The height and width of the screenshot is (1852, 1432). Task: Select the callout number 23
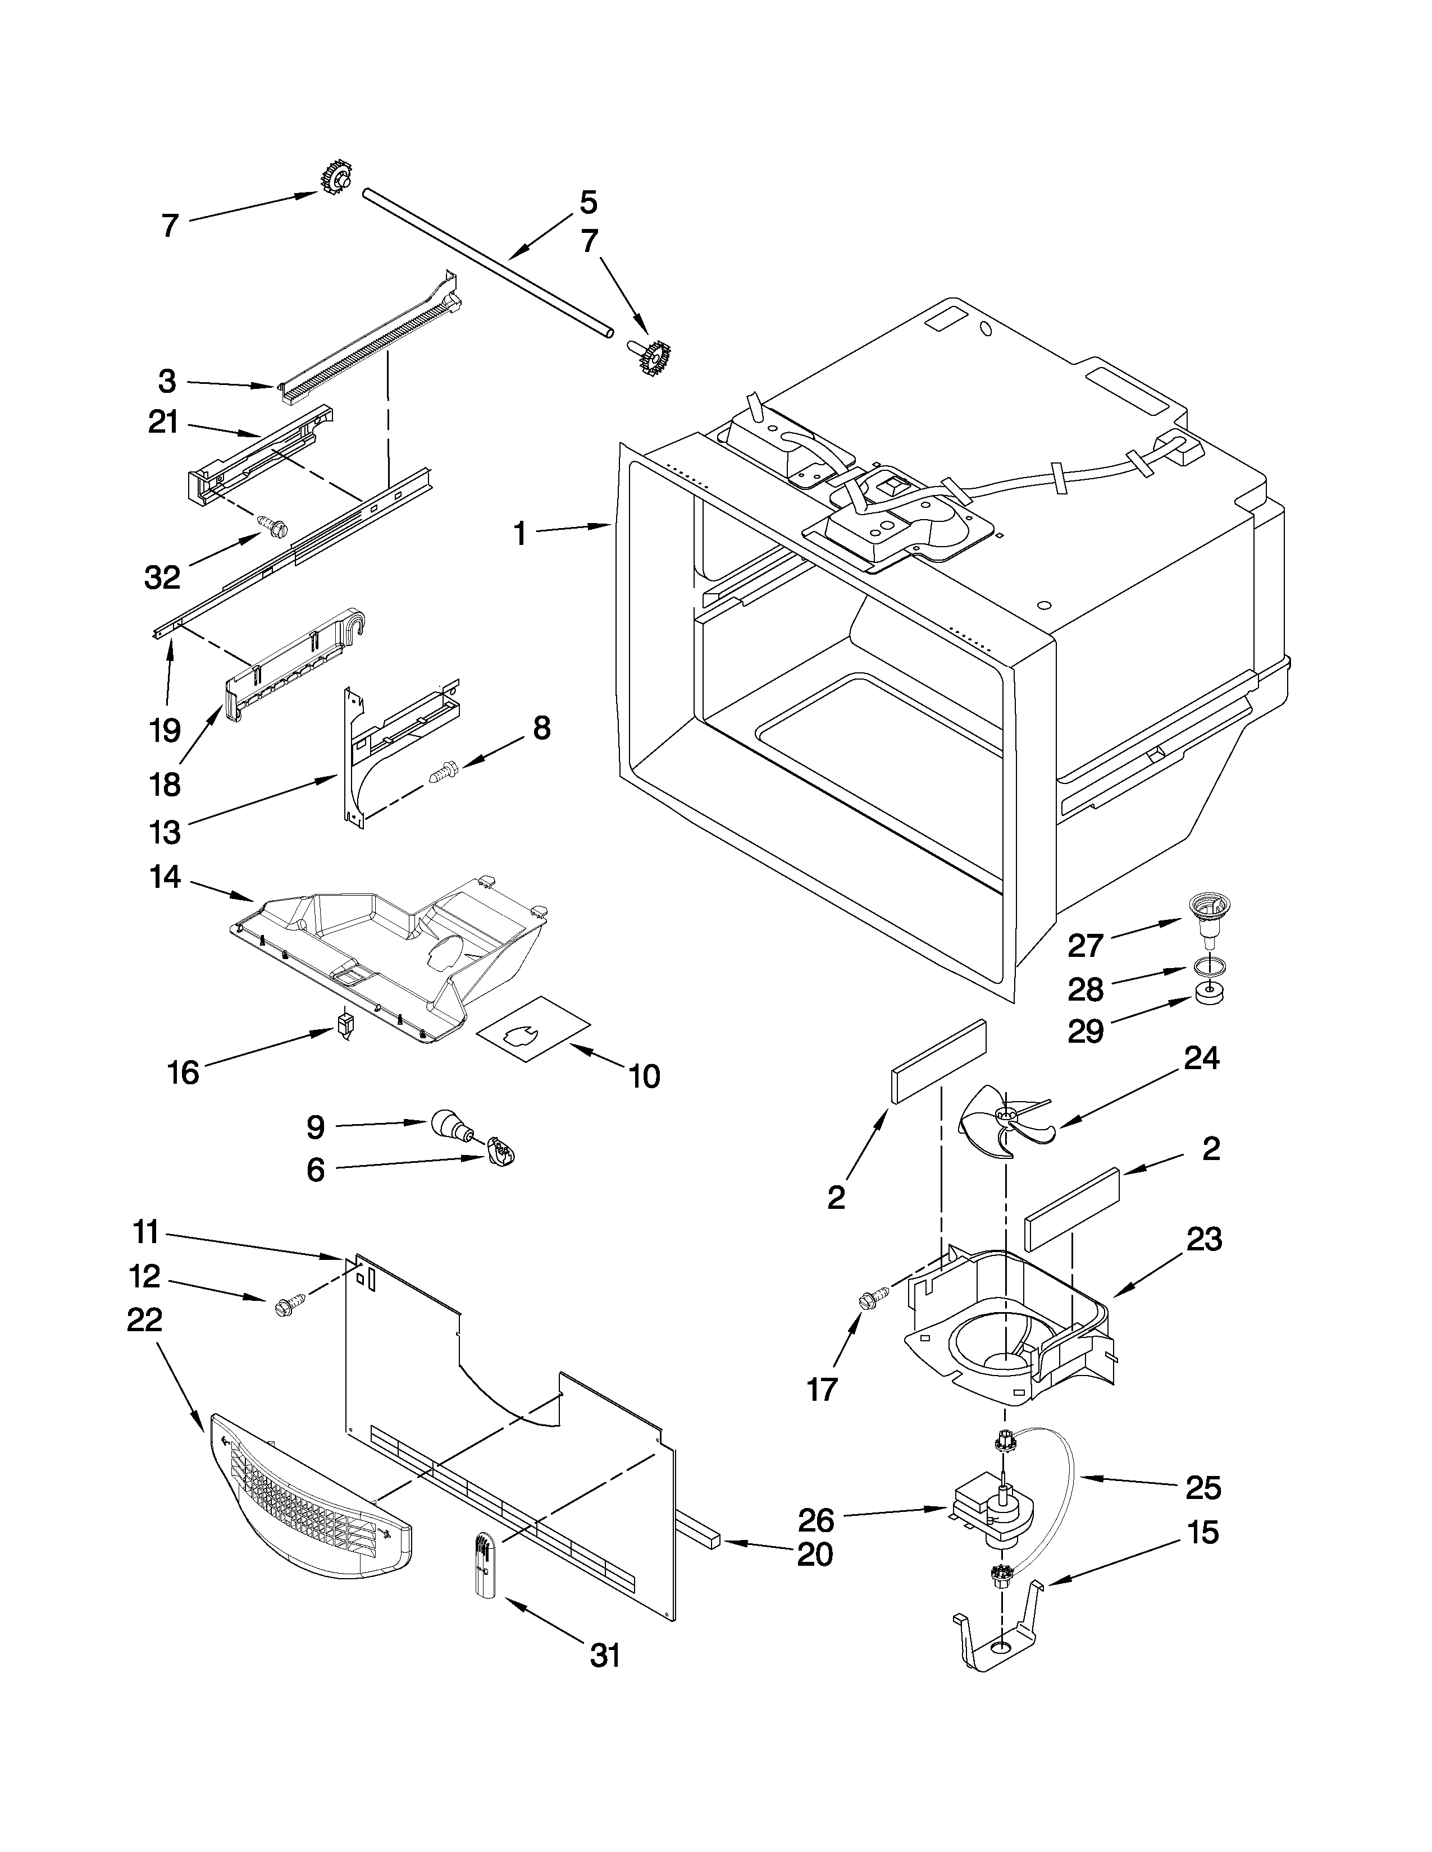(x=1204, y=1240)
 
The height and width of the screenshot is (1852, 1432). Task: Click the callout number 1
(x=520, y=534)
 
